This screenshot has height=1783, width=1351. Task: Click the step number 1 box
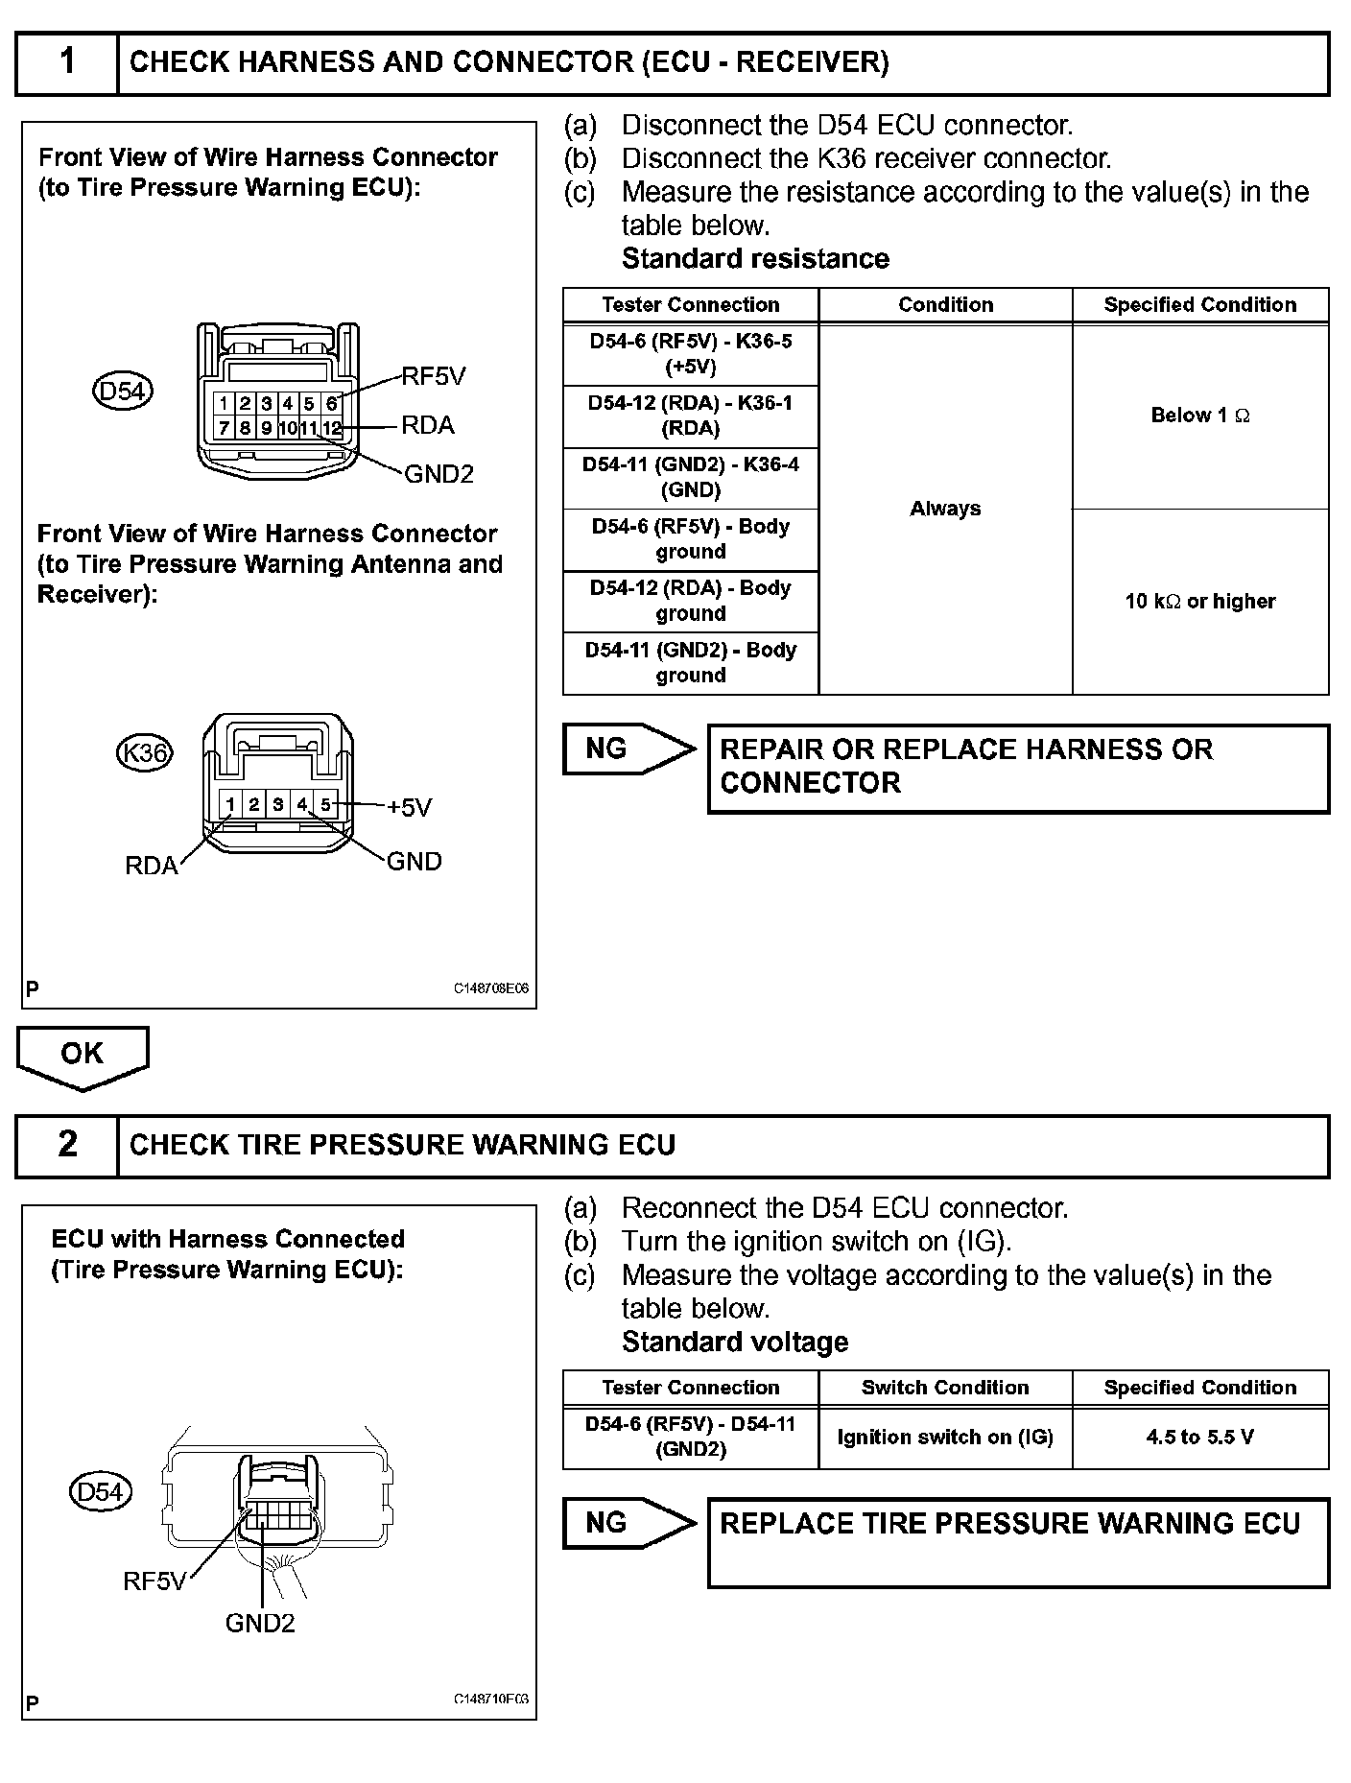point(67,62)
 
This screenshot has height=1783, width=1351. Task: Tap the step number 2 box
point(67,1145)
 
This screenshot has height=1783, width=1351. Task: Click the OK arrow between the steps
point(83,1056)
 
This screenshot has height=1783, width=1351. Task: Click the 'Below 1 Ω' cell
point(1200,416)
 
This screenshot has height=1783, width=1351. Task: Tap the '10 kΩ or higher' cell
point(1200,602)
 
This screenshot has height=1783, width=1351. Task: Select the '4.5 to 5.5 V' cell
point(1200,1437)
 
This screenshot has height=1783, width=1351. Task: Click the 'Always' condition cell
point(945,509)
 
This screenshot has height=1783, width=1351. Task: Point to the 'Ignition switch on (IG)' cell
point(945,1437)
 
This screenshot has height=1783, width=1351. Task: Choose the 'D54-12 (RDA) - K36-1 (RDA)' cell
point(691,416)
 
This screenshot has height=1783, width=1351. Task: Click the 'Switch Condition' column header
point(945,1388)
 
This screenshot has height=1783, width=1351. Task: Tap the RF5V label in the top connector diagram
point(434,376)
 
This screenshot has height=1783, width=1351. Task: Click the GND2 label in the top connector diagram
point(439,474)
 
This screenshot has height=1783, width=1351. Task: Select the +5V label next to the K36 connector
point(410,807)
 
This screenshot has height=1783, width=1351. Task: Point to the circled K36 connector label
point(144,752)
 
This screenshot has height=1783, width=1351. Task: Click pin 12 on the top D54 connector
point(332,428)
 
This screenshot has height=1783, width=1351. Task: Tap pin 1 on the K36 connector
point(230,804)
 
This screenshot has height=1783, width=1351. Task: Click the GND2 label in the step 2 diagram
point(260,1623)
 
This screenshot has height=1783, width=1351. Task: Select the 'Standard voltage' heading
point(735,1342)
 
